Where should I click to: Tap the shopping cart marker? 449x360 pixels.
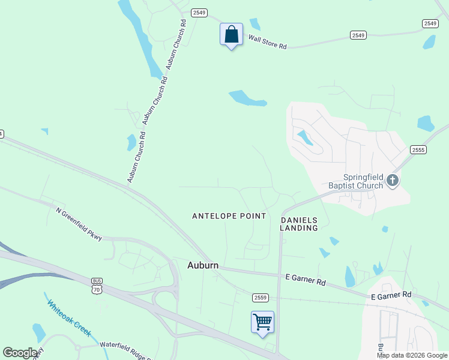(262, 322)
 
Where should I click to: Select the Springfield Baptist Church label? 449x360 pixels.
(355, 181)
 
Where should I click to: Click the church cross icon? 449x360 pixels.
(393, 181)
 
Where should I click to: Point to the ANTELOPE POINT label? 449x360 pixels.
(229, 216)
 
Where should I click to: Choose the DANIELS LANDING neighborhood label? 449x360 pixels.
(299, 224)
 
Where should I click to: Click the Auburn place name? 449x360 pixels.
(203, 265)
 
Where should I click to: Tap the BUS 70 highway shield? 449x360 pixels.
(97, 286)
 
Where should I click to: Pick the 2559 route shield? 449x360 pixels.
(260, 298)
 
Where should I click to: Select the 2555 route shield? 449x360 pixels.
(418, 149)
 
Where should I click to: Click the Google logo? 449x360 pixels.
(20, 352)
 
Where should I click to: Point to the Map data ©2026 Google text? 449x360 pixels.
(412, 355)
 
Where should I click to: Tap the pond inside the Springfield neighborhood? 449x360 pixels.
(305, 138)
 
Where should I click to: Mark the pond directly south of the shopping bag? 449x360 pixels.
(247, 98)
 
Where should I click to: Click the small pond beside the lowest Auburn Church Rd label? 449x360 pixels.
(131, 143)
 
